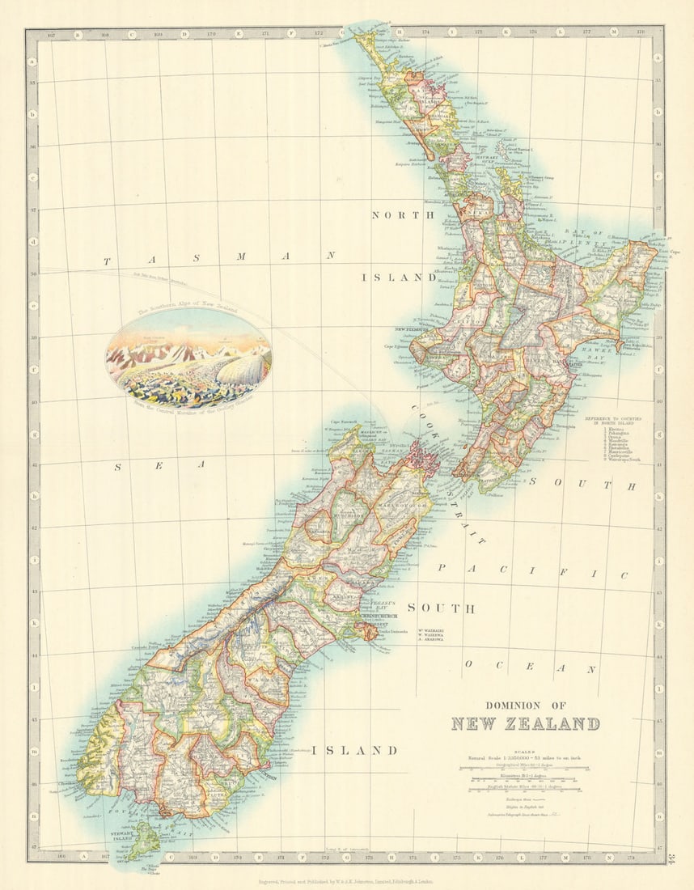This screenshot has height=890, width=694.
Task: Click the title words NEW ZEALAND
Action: click(x=525, y=723)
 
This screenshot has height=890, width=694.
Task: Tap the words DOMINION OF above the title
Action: click(x=525, y=705)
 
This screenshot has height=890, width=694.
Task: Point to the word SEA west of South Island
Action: click(x=159, y=465)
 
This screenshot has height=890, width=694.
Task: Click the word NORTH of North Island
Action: click(x=402, y=214)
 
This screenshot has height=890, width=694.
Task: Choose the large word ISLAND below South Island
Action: click(x=362, y=750)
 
